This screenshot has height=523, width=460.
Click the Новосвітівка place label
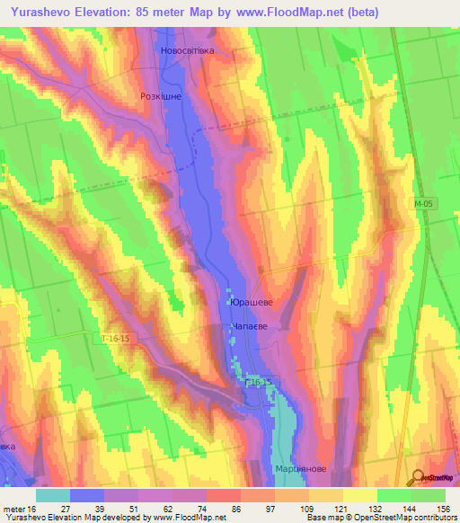[188, 50]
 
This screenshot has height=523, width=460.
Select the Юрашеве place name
[251, 303]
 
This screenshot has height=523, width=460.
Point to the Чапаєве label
[252, 330]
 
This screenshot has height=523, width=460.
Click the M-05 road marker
[425, 205]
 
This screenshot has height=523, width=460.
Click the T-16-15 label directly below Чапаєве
[258, 383]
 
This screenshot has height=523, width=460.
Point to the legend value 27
[66, 509]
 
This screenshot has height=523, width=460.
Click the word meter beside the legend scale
[14, 509]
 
